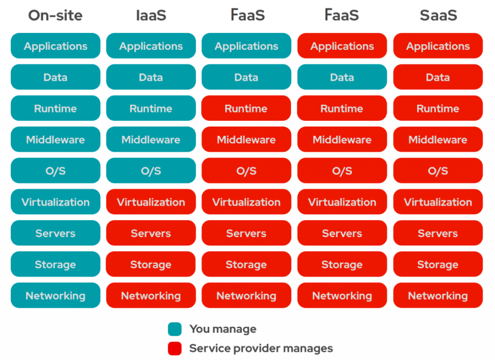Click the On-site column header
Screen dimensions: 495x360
[55, 15]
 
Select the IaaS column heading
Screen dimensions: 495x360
[151, 15]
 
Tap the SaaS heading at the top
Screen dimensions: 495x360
[438, 15]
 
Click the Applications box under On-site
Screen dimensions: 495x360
[56, 46]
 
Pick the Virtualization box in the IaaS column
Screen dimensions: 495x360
[151, 202]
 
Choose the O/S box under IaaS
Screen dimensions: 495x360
[151, 171]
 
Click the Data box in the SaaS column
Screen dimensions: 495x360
[438, 77]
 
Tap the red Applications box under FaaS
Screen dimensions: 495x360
[342, 46]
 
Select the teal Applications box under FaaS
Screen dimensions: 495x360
[247, 46]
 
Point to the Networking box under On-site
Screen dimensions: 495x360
[56, 295]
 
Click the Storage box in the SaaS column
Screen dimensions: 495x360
[438, 264]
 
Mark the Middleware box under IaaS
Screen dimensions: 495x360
[151, 139]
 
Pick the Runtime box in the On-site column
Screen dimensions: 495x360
[56, 108]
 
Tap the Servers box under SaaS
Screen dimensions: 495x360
[438, 233]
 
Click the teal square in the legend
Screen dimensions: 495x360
[175, 329]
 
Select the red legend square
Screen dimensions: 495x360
[175, 348]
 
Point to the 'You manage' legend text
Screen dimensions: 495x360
[223, 329]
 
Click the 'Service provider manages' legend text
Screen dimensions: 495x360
[261, 348]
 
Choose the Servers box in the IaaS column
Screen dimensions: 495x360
[151, 233]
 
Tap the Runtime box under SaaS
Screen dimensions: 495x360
[438, 108]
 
